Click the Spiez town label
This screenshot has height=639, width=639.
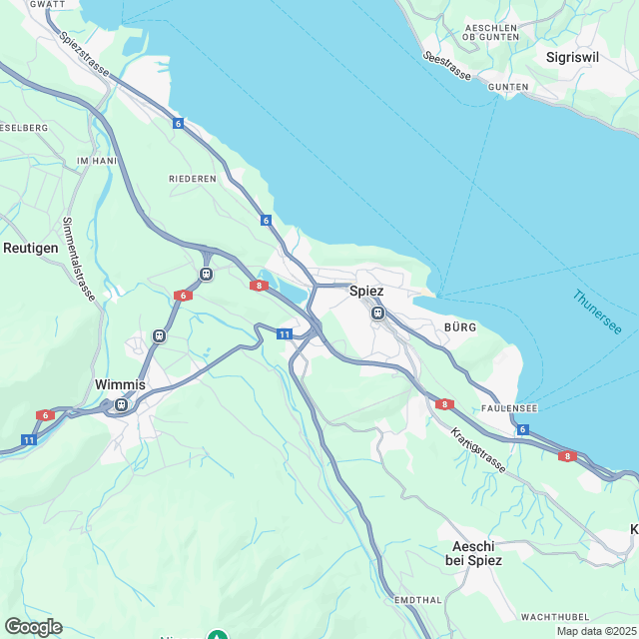tap(366, 291)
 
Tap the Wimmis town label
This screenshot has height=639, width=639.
tap(120, 384)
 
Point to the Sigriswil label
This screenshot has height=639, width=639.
tap(573, 57)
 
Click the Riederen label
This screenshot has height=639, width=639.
tap(193, 179)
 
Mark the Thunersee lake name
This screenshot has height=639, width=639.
tap(597, 313)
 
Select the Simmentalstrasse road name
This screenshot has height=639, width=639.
tap(78, 259)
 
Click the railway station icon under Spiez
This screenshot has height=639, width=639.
tap(377, 313)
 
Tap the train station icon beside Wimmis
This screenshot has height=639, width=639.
tap(121, 404)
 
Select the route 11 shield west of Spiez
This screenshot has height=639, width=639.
tap(285, 334)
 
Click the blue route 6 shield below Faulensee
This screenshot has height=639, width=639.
tap(522, 429)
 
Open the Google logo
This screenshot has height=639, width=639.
tap(32, 627)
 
